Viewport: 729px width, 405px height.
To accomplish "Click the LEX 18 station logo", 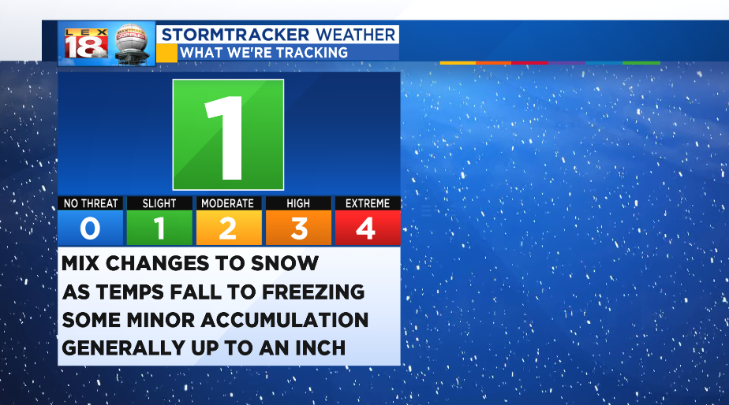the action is (x=87, y=43).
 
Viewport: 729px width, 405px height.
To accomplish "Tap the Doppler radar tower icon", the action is (x=132, y=44).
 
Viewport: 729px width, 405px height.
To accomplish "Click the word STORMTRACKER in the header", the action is (x=235, y=35).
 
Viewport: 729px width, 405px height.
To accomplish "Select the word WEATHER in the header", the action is (x=356, y=35).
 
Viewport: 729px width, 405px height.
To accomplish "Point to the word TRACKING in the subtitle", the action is (x=311, y=53).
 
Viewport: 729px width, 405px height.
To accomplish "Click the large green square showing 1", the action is (x=228, y=135).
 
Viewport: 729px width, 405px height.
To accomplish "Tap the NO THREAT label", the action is (x=91, y=203).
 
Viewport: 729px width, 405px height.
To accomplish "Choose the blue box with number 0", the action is (x=91, y=228).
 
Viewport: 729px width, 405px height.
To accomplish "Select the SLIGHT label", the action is (x=159, y=203).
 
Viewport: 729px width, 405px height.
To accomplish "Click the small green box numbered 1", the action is (x=159, y=228).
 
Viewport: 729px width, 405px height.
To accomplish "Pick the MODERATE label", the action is (x=229, y=203).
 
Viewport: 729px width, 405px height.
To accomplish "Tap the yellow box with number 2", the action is (x=229, y=228).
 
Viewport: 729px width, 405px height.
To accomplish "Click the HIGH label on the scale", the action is (x=298, y=203).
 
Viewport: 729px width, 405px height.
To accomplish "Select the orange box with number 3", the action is (x=298, y=228).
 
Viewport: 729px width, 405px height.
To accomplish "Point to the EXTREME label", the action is (x=368, y=203).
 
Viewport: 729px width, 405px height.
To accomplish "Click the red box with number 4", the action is (x=368, y=228).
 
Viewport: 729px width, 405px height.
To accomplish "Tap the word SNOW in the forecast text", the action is (x=285, y=263).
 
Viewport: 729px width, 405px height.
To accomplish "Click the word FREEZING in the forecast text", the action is (x=313, y=292).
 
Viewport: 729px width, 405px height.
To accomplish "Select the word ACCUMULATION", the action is (x=285, y=320).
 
